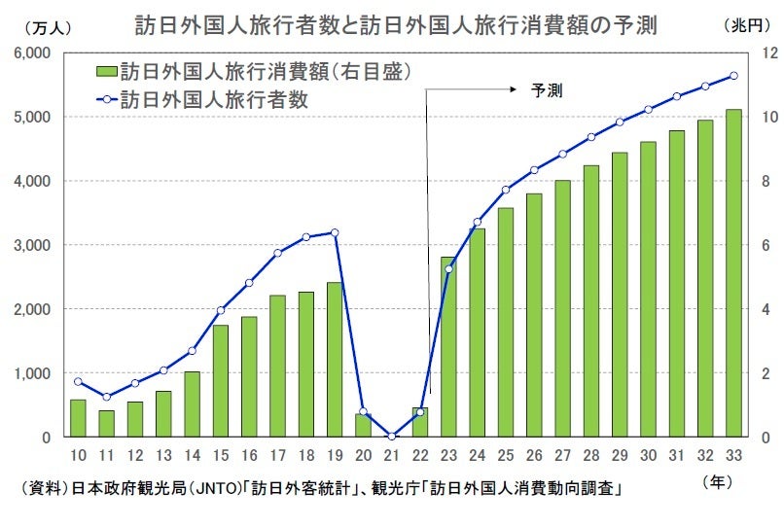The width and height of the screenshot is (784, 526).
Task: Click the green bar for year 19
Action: pyautogui.click(x=334, y=360)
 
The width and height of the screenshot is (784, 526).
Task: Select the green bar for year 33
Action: pyautogui.click(x=734, y=273)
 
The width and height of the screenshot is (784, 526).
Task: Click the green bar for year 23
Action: pyautogui.click(x=448, y=347)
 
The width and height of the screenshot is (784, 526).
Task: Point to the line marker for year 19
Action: pyautogui.click(x=335, y=232)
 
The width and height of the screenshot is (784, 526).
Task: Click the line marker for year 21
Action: pyautogui.click(x=391, y=437)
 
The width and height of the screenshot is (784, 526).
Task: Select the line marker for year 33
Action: pyautogui.click(x=734, y=76)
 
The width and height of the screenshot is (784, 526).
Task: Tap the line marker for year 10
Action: pyautogui.click(x=78, y=381)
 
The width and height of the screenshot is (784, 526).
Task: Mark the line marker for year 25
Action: pyautogui.click(x=506, y=190)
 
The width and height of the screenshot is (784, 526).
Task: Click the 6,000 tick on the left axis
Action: pyautogui.click(x=33, y=53)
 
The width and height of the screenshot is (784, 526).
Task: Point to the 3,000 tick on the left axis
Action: pyautogui.click(x=33, y=245)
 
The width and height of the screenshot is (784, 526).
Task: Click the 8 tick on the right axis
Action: pyautogui.click(x=766, y=181)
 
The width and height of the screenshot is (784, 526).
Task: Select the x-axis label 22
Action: pyautogui.click(x=420, y=456)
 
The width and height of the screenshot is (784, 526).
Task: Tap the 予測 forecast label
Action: pyautogui.click(x=547, y=89)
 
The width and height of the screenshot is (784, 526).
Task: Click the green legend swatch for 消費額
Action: pyautogui.click(x=106, y=71)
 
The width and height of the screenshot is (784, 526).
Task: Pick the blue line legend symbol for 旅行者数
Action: pyautogui.click(x=106, y=98)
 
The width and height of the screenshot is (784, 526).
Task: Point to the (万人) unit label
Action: pyautogui.click(x=44, y=26)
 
